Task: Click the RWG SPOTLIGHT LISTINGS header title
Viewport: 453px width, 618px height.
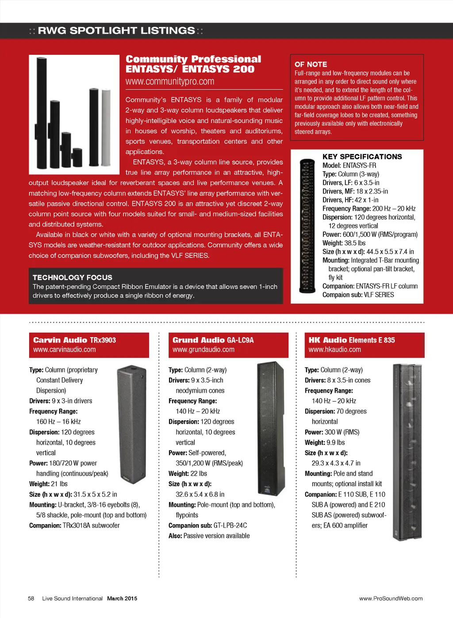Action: pyautogui.click(x=116, y=31)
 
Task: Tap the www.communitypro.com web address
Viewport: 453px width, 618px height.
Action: pyautogui.click(x=170, y=81)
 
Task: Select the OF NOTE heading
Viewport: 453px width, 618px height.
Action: pyautogui.click(x=311, y=64)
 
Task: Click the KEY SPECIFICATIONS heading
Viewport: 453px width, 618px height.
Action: pyautogui.click(x=362, y=157)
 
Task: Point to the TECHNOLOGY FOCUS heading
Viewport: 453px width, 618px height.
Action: pyautogui.click(x=72, y=277)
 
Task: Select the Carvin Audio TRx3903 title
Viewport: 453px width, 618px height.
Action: pyautogui.click(x=74, y=340)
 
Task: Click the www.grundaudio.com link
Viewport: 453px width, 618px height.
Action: pyautogui.click(x=203, y=349)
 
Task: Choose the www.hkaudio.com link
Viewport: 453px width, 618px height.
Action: pyautogui.click(x=334, y=349)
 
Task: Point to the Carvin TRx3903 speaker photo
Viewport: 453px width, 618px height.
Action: pyautogui.click(x=132, y=425)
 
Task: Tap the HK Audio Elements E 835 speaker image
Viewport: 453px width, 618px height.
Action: pyautogui.click(x=407, y=451)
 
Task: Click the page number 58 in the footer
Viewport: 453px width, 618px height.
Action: pyautogui.click(x=31, y=599)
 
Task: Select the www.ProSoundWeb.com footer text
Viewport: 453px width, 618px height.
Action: pyautogui.click(x=391, y=599)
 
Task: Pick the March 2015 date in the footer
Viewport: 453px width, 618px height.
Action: pyautogui.click(x=122, y=599)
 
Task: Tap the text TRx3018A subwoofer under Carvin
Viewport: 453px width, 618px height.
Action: pyautogui.click(x=91, y=526)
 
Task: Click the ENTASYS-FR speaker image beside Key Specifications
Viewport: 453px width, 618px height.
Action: pyautogui.click(x=307, y=226)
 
